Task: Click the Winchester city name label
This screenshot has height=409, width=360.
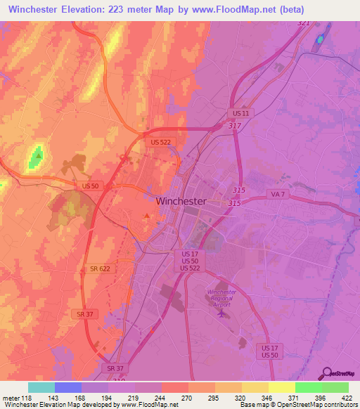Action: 181,200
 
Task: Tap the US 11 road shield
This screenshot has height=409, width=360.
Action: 240,112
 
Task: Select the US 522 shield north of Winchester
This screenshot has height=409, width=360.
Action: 160,142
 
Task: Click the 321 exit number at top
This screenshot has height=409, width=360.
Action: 303,23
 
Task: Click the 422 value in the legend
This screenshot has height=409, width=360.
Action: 347,398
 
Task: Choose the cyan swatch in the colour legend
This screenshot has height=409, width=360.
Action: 41,387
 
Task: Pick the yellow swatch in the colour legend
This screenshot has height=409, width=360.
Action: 281,387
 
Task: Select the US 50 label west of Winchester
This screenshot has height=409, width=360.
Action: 90,186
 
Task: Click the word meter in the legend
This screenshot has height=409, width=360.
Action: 11,398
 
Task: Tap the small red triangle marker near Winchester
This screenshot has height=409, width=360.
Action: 146,216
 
